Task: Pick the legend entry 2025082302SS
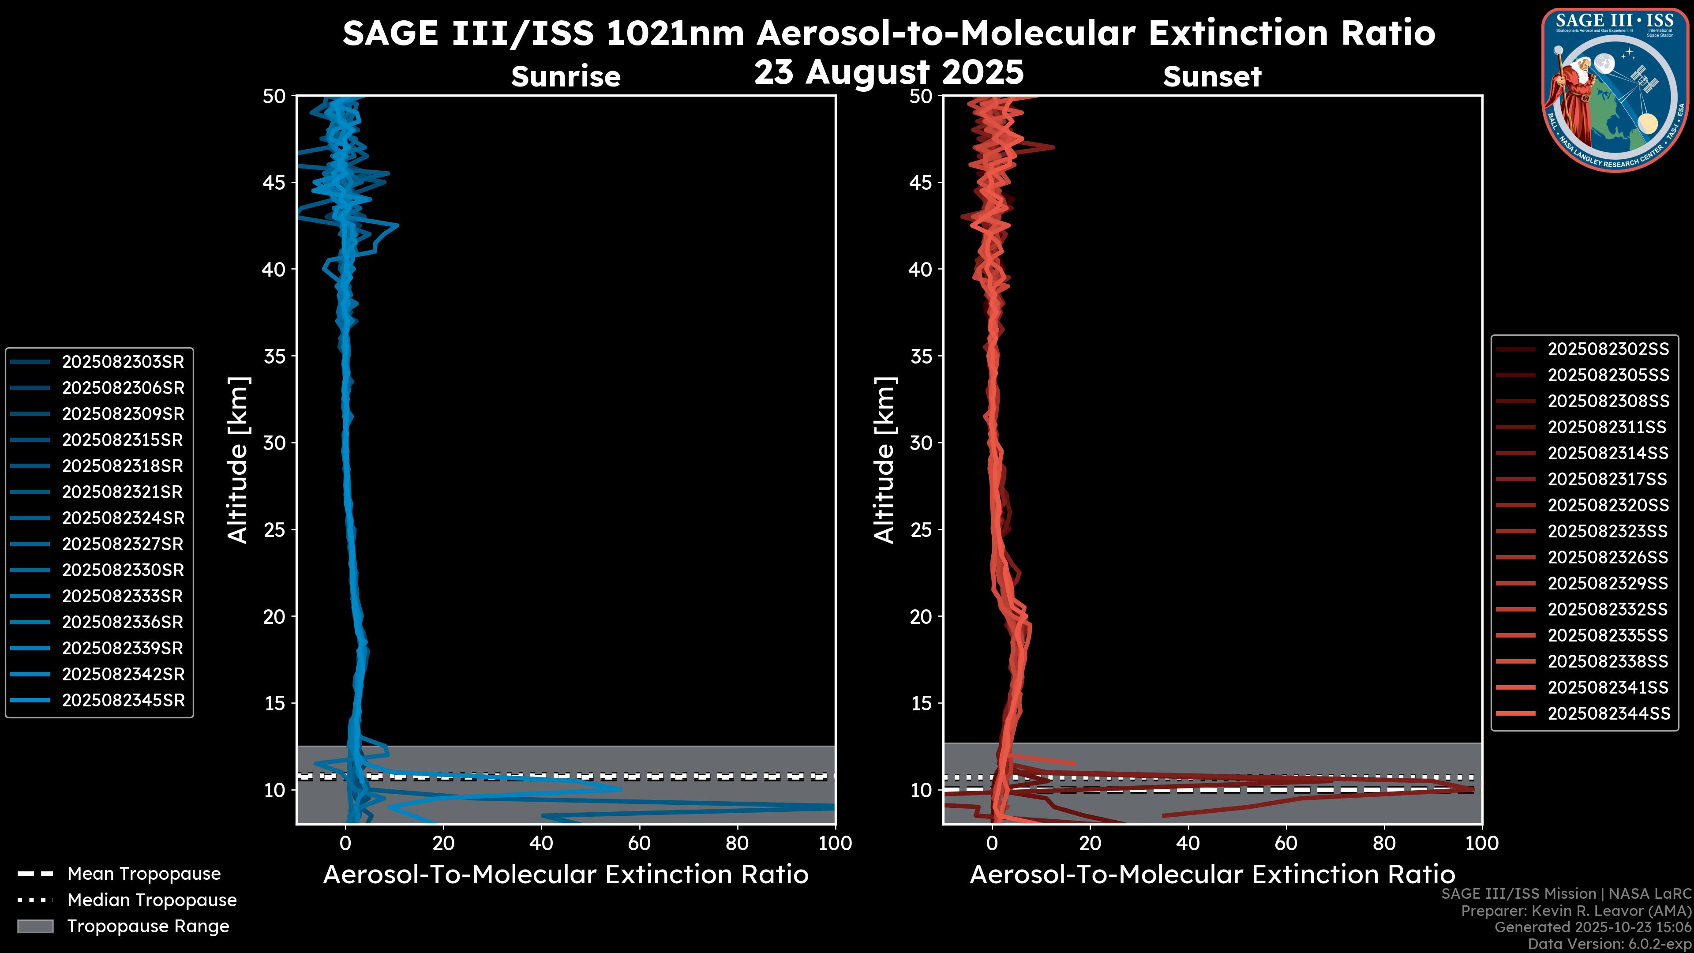click(x=1608, y=349)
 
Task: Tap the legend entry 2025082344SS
click(x=1608, y=713)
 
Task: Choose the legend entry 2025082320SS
click(x=1608, y=505)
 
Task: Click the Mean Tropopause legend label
click(x=144, y=874)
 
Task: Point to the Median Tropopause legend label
click(x=152, y=900)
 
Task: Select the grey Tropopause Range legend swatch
click(x=35, y=927)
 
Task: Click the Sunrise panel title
click(x=566, y=76)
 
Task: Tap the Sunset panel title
click(x=1212, y=76)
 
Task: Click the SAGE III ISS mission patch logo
click(x=1614, y=90)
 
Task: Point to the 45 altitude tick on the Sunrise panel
click(x=274, y=182)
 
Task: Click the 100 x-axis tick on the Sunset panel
click(x=1482, y=843)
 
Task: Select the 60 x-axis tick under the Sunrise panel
click(x=639, y=843)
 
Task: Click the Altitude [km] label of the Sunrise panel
click(x=237, y=460)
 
